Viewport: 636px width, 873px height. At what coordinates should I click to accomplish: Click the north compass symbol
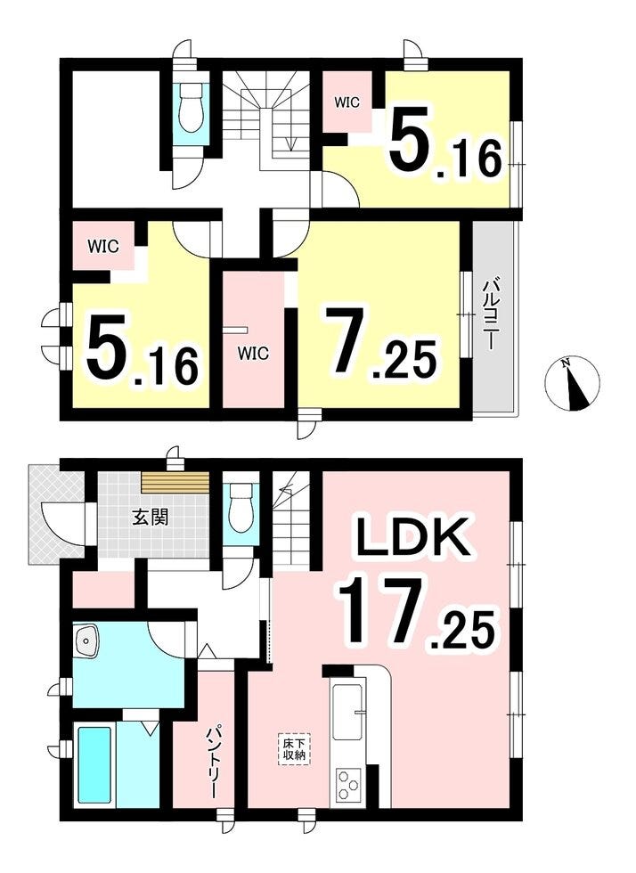571,383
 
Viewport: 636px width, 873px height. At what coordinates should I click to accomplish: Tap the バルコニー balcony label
490,315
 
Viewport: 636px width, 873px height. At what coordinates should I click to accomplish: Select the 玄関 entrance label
150,518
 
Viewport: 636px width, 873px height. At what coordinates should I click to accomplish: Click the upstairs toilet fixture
191,109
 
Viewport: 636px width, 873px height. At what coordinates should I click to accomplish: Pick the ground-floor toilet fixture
241,506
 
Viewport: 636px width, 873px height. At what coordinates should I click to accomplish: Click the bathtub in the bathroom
94,764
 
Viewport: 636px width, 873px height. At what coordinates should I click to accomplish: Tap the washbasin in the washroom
86,640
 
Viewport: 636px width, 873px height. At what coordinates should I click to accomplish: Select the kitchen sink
347,711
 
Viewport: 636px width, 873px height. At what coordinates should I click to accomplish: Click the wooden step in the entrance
175,482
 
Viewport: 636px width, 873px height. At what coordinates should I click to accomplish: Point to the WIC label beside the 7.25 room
253,353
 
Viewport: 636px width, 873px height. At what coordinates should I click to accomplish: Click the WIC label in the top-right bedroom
347,102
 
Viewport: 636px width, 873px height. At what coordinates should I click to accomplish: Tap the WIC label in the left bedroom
102,246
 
